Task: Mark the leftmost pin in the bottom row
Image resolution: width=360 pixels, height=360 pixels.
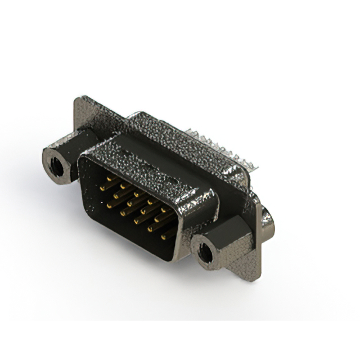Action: pyautogui.click(x=110, y=206)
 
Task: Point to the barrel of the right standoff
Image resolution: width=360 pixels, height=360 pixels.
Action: pyautogui.click(x=225, y=236)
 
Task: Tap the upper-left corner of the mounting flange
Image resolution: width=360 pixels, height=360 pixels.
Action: pyautogui.click(x=79, y=101)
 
